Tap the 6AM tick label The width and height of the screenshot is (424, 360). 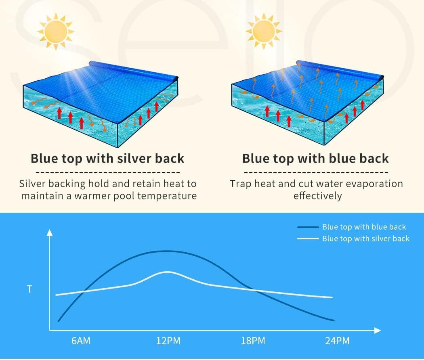[81, 341]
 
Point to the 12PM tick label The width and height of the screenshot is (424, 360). [168, 341]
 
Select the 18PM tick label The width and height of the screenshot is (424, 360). [253, 341]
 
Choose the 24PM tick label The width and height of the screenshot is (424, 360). [337, 341]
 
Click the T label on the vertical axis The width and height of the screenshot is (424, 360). [29, 289]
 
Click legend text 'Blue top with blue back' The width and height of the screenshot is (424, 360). [364, 227]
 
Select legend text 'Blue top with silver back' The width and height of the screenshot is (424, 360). [365, 239]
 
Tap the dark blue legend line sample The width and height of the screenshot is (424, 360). [307, 227]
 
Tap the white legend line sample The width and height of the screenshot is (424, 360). [307, 239]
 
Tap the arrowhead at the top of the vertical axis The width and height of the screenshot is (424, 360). [50, 232]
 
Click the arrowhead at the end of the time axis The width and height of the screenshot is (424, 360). [378, 331]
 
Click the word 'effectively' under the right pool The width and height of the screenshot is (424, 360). [317, 196]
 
